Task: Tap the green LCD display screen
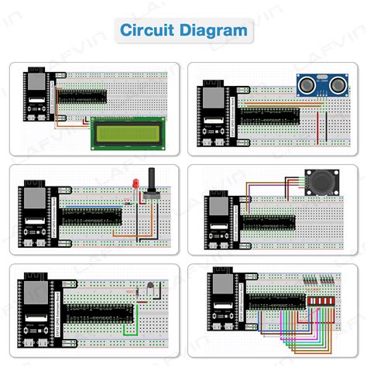click(x=126, y=132)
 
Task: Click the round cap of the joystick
click(x=318, y=183)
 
